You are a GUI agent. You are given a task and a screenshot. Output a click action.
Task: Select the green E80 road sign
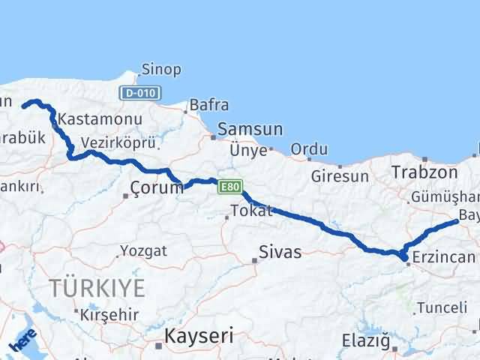[229, 186]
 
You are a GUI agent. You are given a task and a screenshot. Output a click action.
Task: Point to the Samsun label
[250, 130]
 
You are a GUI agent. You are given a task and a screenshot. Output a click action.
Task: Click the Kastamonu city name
[89, 119]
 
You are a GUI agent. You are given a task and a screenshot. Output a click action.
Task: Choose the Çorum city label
[156, 187]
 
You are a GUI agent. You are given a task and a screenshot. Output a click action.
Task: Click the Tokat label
[251, 211]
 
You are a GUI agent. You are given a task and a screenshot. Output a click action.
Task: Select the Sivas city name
[280, 252]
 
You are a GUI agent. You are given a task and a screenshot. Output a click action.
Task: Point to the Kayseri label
[199, 334]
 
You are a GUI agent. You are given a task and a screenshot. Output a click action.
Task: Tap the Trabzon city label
[424, 172]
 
